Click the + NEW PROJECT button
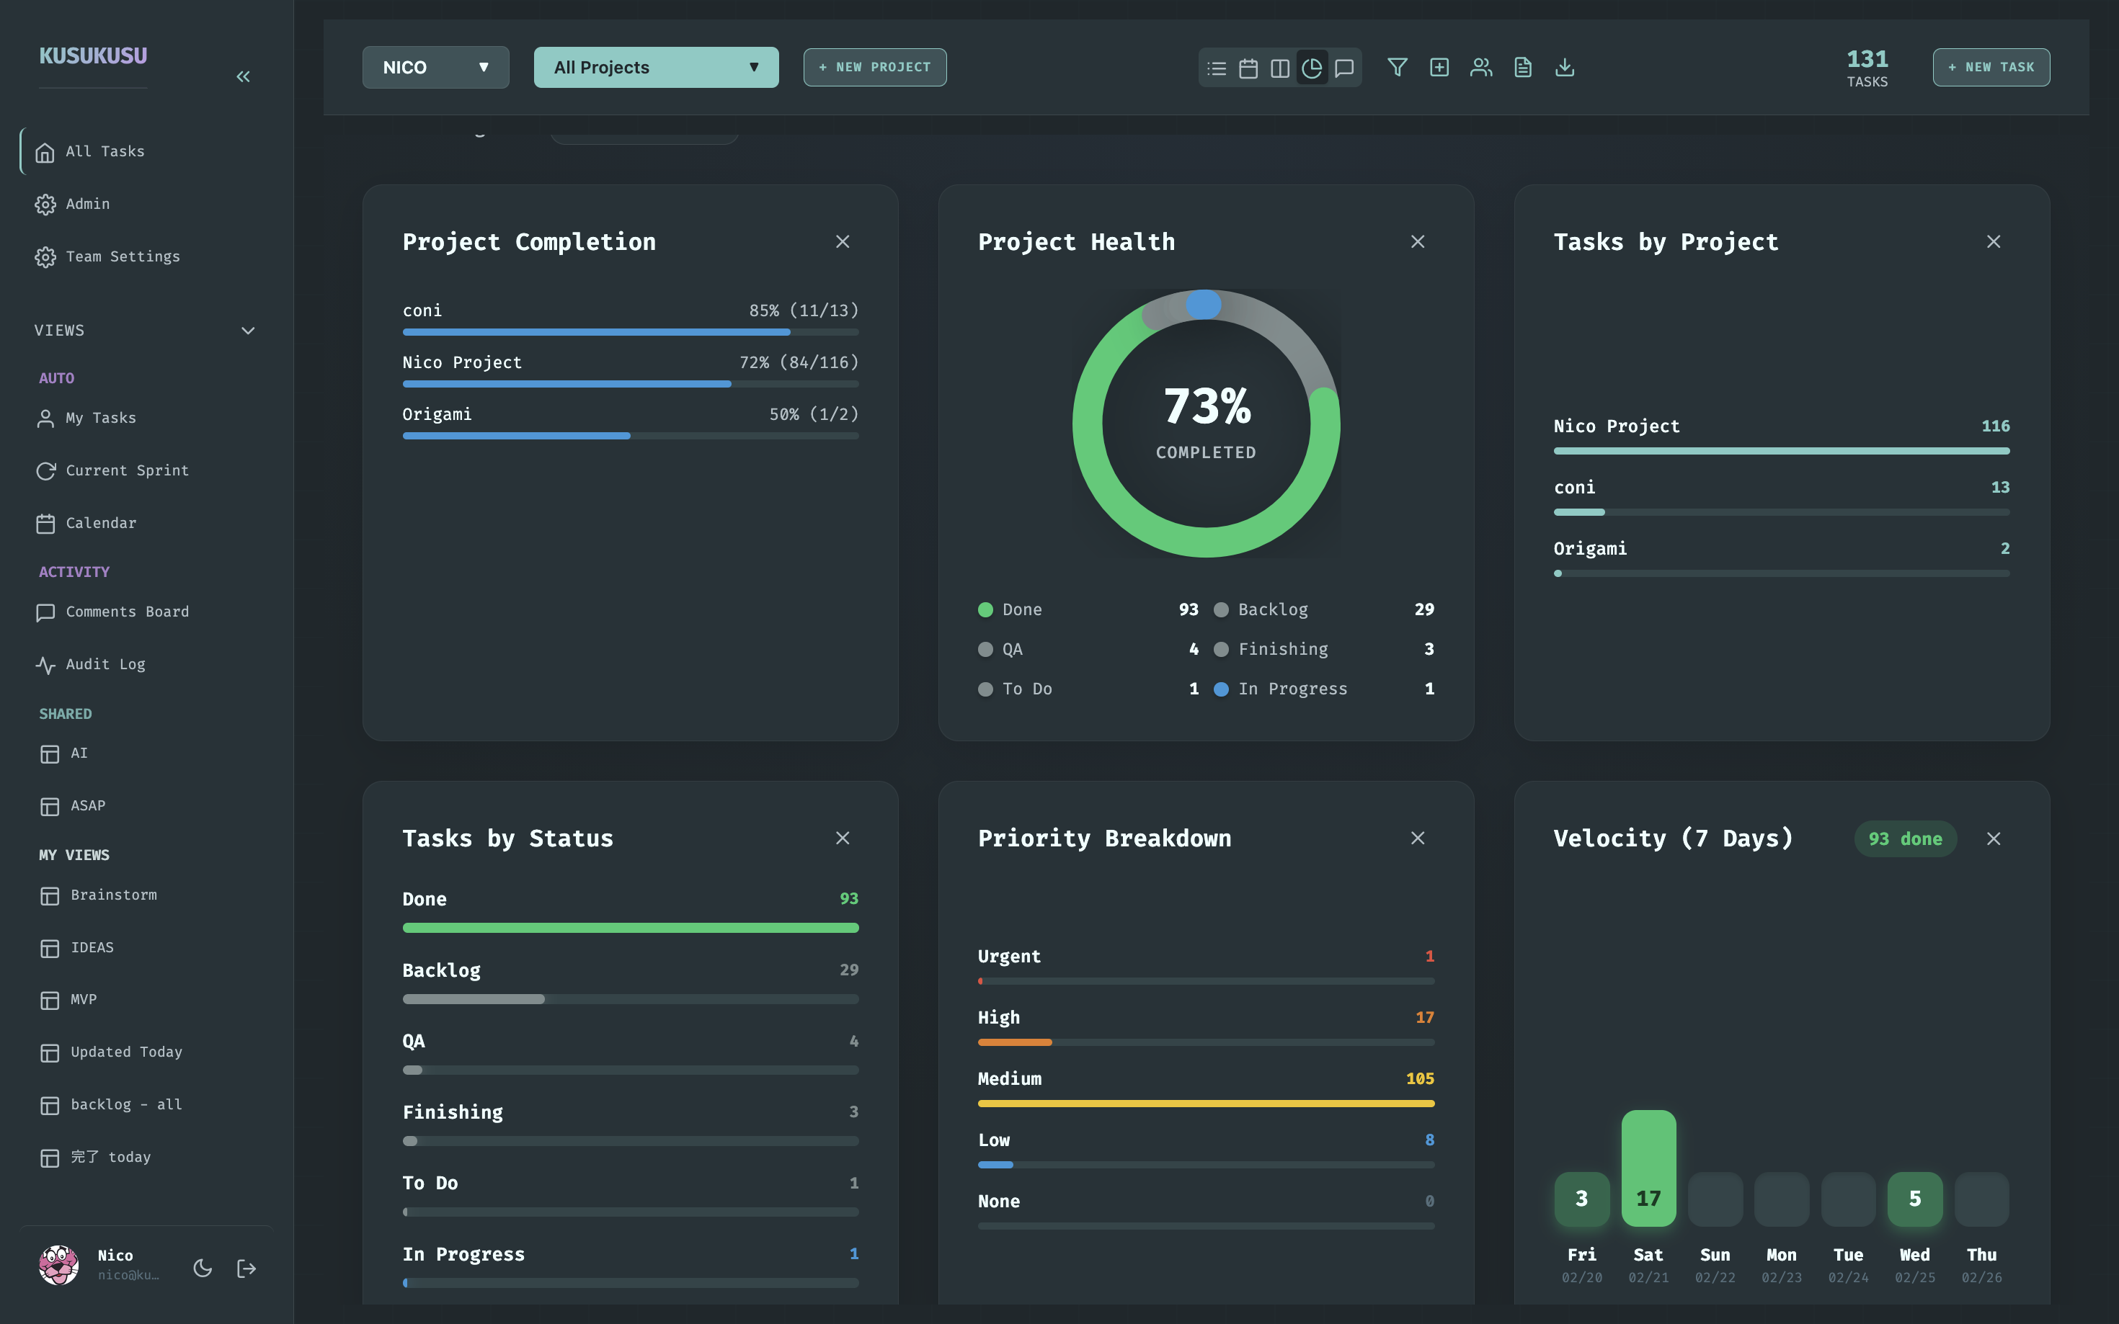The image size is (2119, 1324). [x=874, y=68]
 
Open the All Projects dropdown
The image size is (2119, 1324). [x=655, y=68]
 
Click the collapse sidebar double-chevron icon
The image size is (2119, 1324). [x=244, y=77]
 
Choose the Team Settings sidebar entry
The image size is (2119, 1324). [x=123, y=256]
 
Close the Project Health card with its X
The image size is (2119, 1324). [x=1417, y=242]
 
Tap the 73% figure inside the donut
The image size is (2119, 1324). [x=1207, y=407]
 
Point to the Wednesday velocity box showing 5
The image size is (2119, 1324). [x=1914, y=1199]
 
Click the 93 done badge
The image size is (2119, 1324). [x=1904, y=839]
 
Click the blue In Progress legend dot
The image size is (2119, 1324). [x=1220, y=689]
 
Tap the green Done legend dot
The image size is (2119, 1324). [x=985, y=609]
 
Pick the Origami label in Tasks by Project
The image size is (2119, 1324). [x=1590, y=549]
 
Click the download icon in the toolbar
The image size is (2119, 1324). [x=1565, y=68]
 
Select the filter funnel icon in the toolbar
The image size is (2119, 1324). [x=1398, y=68]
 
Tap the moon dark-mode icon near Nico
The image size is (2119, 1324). [x=203, y=1268]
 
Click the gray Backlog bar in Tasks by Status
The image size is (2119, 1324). [x=473, y=999]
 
